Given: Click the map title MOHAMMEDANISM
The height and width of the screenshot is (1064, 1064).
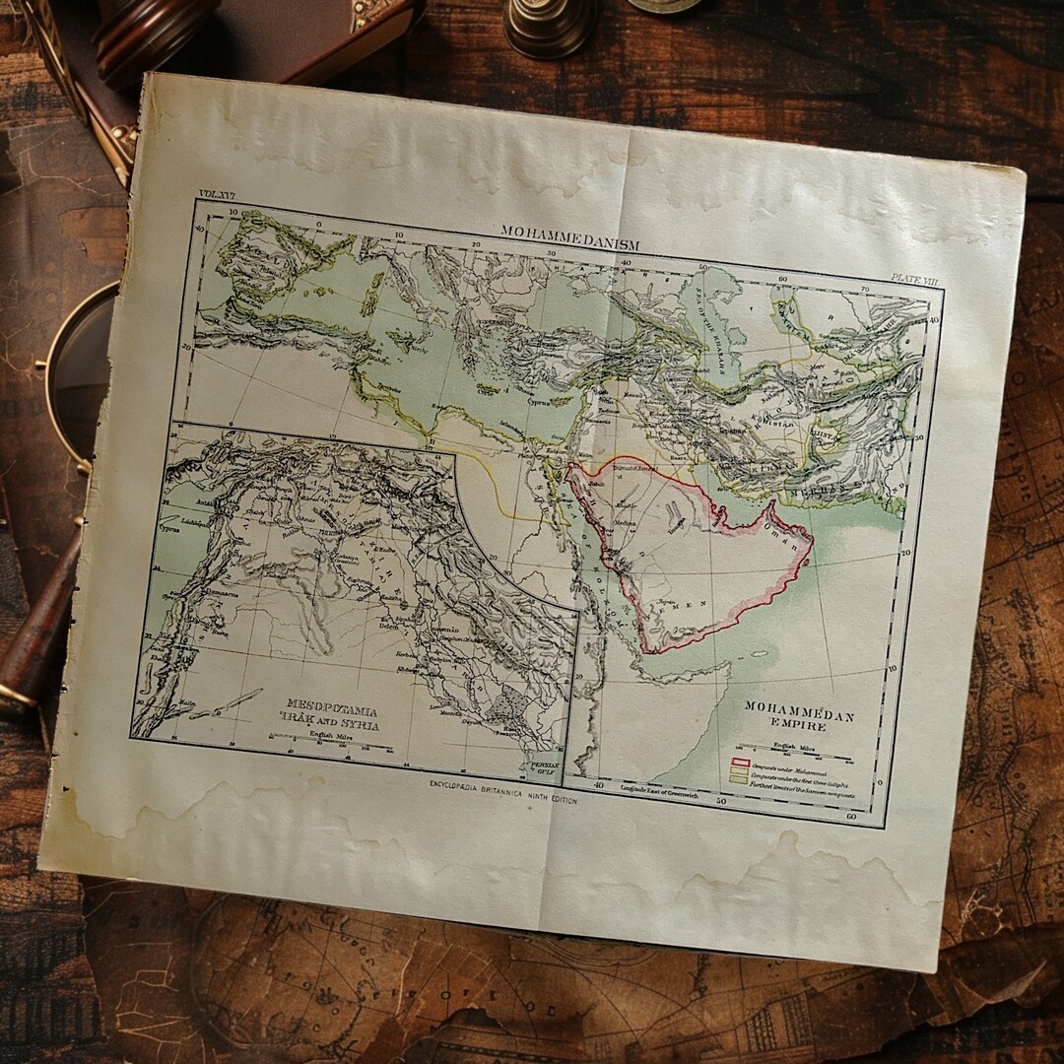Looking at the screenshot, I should point(569,237).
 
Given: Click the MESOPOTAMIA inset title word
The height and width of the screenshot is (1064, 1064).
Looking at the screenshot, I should point(331,705).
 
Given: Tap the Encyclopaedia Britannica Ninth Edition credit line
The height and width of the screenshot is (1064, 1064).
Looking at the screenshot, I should point(502,793).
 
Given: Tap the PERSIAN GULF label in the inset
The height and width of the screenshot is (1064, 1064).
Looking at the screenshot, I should point(544,768).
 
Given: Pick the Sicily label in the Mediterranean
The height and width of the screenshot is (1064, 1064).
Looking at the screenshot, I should point(420,347).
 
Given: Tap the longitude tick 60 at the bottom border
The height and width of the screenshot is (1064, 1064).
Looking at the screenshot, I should point(849,817).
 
